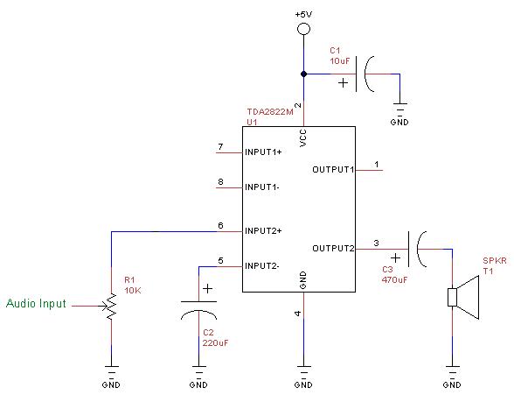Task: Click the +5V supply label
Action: point(303,14)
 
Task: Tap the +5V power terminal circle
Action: point(303,29)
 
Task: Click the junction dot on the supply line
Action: point(304,74)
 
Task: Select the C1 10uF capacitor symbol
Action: point(365,74)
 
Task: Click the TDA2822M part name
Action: point(270,112)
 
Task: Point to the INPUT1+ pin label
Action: point(263,152)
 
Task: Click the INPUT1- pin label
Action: point(262,187)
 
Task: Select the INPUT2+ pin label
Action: point(263,231)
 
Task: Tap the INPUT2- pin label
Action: point(262,265)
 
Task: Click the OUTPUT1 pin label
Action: point(333,170)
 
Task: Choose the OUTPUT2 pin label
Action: point(333,249)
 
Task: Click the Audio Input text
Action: point(36,303)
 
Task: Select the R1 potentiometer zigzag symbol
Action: point(112,307)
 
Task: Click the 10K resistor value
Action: point(133,291)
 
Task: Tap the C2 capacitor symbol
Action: point(198,310)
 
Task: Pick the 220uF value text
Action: point(215,343)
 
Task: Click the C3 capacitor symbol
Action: point(417,249)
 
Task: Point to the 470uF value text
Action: point(395,280)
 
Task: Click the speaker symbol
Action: point(463,297)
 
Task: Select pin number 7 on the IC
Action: point(220,147)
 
